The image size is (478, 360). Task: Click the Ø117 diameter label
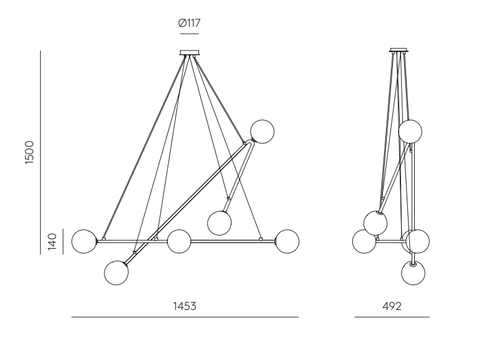coord(190,23)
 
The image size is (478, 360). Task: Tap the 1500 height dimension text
coord(29,152)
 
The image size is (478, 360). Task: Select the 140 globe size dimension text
coord(53,241)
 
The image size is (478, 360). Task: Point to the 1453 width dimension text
coord(185,306)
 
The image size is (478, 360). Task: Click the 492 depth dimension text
coord(392,306)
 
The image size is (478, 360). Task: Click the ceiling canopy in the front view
coord(190,52)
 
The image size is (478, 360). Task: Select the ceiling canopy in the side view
coord(399,50)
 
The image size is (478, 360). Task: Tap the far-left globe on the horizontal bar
coord(84,241)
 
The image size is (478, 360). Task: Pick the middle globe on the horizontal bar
coord(179,241)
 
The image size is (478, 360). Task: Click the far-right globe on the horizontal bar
coord(287,241)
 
